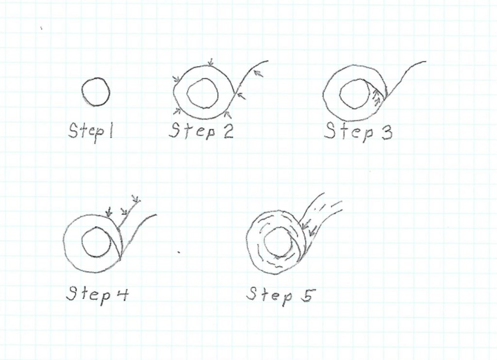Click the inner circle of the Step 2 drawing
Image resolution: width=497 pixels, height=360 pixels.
pyautogui.click(x=187, y=94)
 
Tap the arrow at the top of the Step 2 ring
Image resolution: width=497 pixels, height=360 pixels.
pyautogui.click(x=210, y=62)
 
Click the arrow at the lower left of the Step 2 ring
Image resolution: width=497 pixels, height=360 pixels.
pyautogui.click(x=177, y=111)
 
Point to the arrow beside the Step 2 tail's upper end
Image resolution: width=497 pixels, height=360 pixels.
pyautogui.click(x=259, y=73)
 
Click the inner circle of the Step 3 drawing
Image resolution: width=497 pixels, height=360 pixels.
pyautogui.click(x=340, y=94)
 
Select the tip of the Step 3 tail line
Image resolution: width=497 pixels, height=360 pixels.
pyautogui.click(x=426, y=62)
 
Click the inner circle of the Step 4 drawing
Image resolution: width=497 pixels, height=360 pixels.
pyautogui.click(x=82, y=241)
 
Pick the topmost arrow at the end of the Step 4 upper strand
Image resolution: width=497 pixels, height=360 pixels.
pyautogui.click(x=136, y=199)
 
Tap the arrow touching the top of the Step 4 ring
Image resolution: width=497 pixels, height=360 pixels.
pyautogui.click(x=109, y=211)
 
